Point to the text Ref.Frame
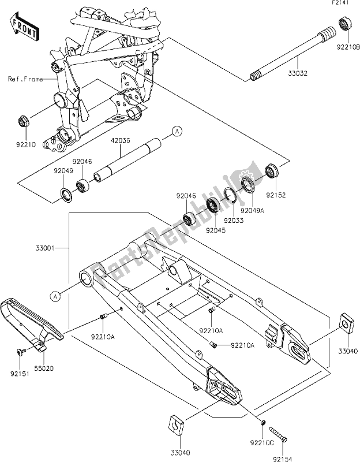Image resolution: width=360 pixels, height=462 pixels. coord(26,79)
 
